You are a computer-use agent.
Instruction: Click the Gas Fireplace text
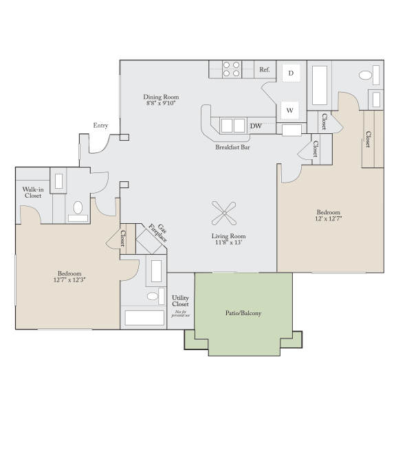(159, 233)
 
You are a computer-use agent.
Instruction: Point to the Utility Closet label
(180, 301)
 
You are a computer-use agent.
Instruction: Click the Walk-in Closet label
(32, 192)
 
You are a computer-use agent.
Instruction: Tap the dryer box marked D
(291, 73)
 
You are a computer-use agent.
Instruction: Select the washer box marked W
(290, 110)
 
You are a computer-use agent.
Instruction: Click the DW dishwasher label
(256, 126)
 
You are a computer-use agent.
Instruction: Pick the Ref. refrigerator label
(265, 70)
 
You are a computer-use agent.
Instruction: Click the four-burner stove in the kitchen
(232, 69)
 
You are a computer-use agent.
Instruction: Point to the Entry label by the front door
(101, 126)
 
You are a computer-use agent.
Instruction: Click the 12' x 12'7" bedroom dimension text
(328, 220)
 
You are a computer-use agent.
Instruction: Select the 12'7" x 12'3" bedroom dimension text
(69, 280)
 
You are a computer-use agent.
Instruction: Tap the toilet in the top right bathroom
(365, 75)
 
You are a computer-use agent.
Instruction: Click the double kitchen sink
(232, 126)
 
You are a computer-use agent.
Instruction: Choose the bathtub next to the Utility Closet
(144, 317)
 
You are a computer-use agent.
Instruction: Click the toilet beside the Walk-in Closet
(78, 207)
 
